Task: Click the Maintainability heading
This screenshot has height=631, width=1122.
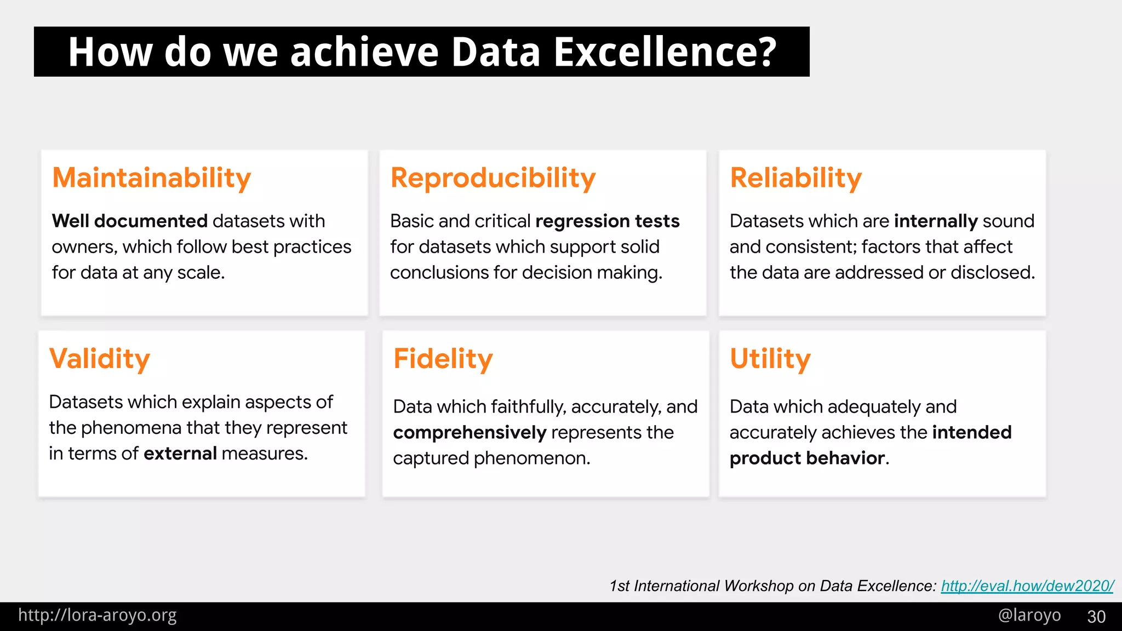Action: pyautogui.click(x=151, y=178)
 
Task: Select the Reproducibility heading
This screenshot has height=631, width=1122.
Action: pyautogui.click(x=493, y=178)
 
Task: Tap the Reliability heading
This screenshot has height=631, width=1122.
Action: pyautogui.click(x=795, y=178)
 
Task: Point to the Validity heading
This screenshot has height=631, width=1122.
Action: pyautogui.click(x=99, y=359)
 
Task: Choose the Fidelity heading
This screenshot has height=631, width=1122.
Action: pyautogui.click(x=443, y=359)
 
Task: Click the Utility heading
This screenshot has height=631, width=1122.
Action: pyautogui.click(x=770, y=359)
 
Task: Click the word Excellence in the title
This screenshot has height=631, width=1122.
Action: pyautogui.click(x=665, y=52)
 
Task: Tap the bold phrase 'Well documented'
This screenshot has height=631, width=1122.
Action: pyautogui.click(x=129, y=221)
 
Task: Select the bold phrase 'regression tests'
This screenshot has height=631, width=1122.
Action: pyautogui.click(x=607, y=221)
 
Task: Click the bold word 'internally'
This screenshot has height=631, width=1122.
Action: pyautogui.click(x=935, y=221)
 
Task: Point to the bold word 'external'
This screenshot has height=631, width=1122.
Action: pyautogui.click(x=180, y=454)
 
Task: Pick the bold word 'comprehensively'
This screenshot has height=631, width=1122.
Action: pyautogui.click(x=470, y=433)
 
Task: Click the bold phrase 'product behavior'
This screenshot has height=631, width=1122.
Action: pyautogui.click(x=807, y=458)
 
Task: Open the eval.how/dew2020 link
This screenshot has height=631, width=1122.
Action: pyautogui.click(x=1027, y=586)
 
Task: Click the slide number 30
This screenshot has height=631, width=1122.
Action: pyautogui.click(x=1096, y=617)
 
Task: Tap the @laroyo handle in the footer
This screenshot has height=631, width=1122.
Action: pyautogui.click(x=1029, y=615)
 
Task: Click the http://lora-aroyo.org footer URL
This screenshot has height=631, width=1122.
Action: pyautogui.click(x=97, y=615)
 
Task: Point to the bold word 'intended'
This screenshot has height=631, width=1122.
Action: pyautogui.click(x=971, y=433)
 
